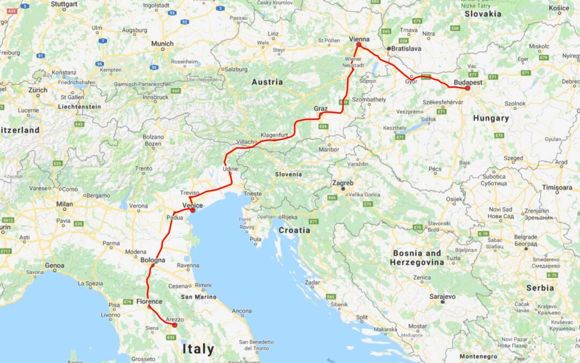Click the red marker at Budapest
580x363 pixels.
tap(468, 88)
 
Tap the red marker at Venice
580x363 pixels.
tap(193, 210)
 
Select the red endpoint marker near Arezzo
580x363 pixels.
tap(175, 325)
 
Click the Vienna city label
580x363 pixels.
tap(359, 39)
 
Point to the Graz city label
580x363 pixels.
tap(321, 109)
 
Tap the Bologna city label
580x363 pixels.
tap(153, 260)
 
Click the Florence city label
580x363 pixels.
tap(149, 302)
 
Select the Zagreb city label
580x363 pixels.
tap(343, 183)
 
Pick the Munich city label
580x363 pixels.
tap(162, 43)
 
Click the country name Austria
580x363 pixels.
tap(267, 82)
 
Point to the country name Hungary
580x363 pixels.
tap(491, 118)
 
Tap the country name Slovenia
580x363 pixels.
tap(288, 174)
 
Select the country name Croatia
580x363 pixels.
tap(294, 230)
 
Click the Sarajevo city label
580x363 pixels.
tap(443, 296)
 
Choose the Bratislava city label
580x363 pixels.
tap(407, 48)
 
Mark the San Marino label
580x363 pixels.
tap(198, 297)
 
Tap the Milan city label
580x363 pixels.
tap(64, 204)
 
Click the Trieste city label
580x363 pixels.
tap(253, 194)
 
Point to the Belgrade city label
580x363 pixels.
tap(526, 237)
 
